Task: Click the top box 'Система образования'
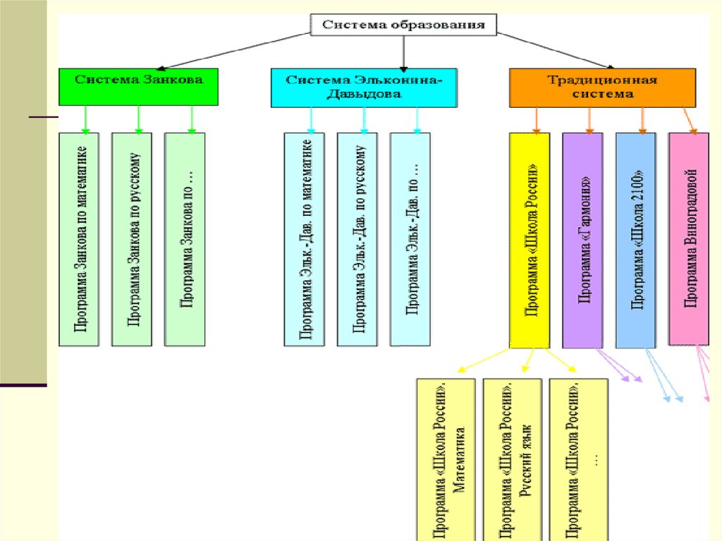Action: click(x=403, y=25)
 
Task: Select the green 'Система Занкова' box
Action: click(x=138, y=87)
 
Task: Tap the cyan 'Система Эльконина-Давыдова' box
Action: click(x=364, y=87)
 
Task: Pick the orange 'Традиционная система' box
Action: click(x=602, y=87)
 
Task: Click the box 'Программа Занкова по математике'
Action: click(x=79, y=239)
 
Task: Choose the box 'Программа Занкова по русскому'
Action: click(x=132, y=239)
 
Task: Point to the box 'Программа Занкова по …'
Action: click(x=185, y=239)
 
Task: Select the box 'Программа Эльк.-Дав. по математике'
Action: click(x=305, y=239)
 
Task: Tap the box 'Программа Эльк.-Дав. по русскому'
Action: click(x=357, y=239)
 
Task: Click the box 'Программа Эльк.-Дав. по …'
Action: click(x=410, y=239)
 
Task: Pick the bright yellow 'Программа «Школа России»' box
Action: click(x=530, y=240)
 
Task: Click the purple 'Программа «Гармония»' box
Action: click(x=582, y=240)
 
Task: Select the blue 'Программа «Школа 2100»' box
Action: click(x=636, y=240)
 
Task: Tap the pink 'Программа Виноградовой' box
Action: click(x=689, y=238)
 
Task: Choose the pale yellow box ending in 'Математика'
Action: click(x=446, y=459)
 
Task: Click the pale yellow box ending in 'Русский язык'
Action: click(x=512, y=459)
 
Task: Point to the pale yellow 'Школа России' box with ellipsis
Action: click(x=578, y=459)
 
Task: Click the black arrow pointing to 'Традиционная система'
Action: click(x=556, y=51)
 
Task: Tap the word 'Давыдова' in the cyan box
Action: click(x=364, y=94)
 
